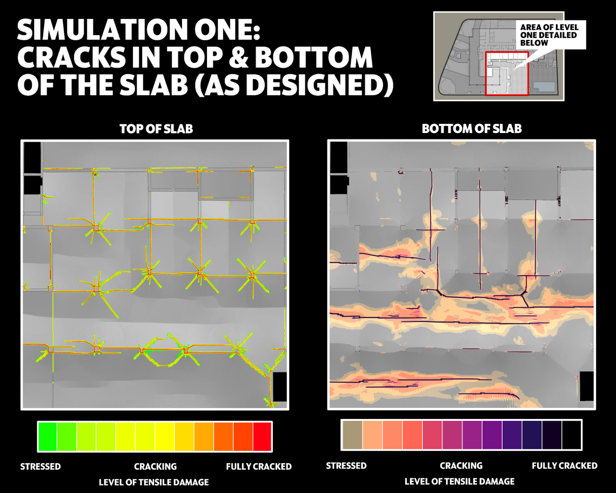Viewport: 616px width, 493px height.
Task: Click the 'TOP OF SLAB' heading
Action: click(156, 129)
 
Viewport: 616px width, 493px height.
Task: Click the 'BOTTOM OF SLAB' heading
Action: click(472, 129)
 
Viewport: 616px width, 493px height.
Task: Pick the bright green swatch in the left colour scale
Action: click(48, 436)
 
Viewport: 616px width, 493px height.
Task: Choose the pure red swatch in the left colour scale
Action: click(262, 436)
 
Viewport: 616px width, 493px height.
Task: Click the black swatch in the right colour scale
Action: click(572, 435)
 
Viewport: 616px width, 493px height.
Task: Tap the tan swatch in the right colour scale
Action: click(352, 435)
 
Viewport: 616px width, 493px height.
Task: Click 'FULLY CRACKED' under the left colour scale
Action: click(259, 467)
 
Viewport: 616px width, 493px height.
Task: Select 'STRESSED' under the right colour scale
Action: click(346, 466)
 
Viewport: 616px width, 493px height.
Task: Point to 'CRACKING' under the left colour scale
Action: click(155, 467)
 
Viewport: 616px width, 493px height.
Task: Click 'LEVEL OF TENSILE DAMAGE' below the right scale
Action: click(459, 481)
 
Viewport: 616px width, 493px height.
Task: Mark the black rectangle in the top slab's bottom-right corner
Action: click(279, 387)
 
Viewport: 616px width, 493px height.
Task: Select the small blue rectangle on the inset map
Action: click(545, 87)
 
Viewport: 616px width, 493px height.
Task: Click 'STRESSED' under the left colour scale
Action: click(41, 467)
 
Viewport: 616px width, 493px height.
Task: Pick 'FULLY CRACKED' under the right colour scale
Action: click(565, 466)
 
